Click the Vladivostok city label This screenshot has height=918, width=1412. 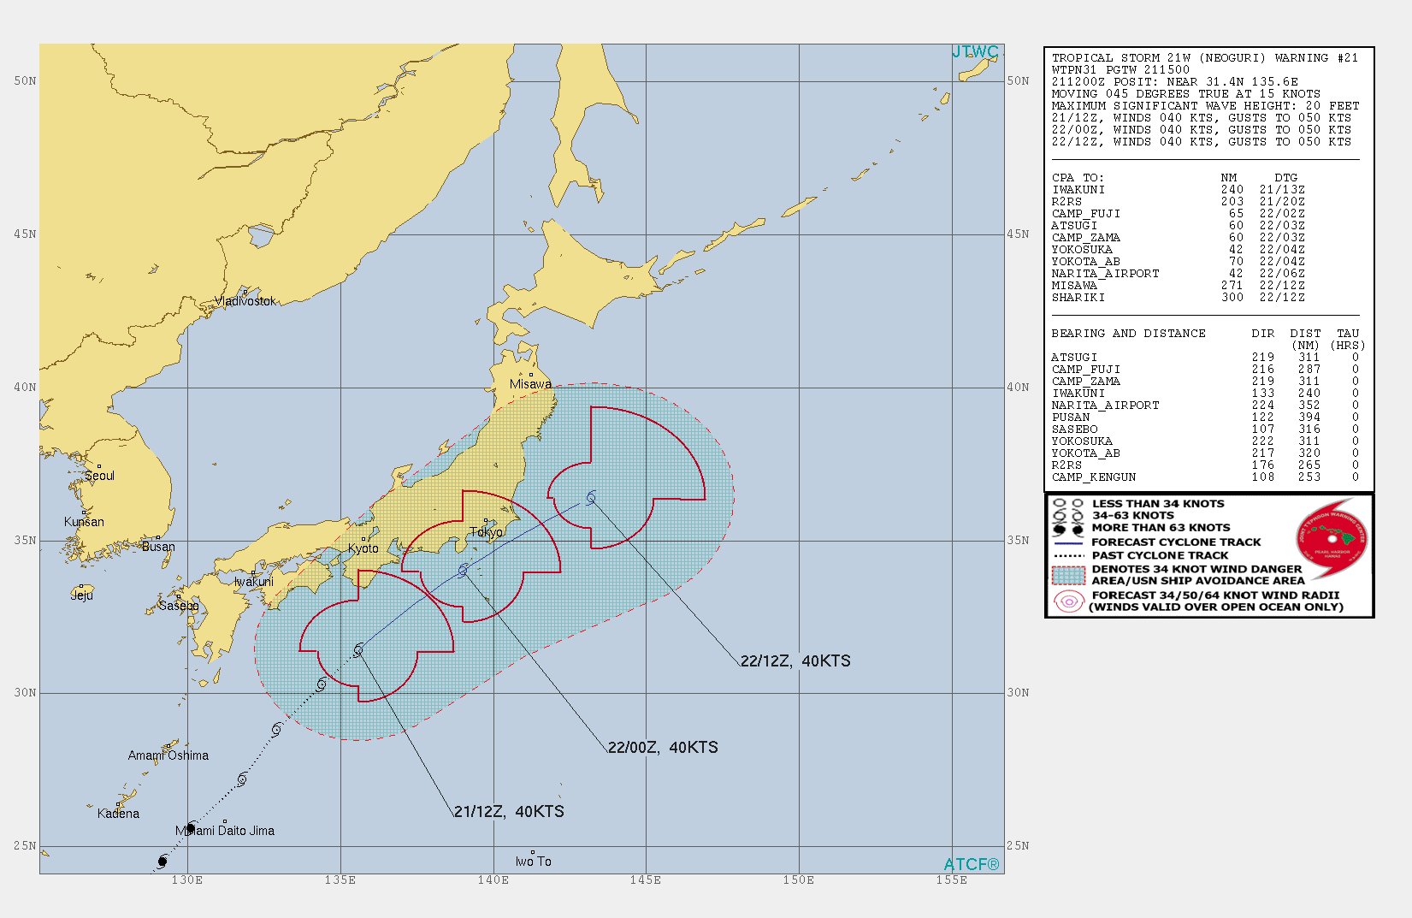[245, 301]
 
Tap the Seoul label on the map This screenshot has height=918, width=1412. [99, 476]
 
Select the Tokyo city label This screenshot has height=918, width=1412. [486, 532]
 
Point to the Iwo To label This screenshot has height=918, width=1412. [533, 862]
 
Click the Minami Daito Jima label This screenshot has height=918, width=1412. [225, 831]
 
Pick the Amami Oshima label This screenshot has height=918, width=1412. [168, 755]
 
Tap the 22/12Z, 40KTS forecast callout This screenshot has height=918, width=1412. [795, 660]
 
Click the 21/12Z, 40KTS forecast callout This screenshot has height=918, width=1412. [509, 811]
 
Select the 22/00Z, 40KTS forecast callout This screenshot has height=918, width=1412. [663, 747]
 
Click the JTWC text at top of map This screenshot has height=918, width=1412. [975, 52]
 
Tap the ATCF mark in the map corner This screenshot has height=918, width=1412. [971, 864]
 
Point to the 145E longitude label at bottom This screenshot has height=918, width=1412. [645, 880]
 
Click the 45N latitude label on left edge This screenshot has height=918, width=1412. [25, 234]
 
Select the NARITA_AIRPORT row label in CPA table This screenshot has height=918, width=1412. [1105, 274]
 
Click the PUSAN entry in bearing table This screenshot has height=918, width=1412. [1071, 418]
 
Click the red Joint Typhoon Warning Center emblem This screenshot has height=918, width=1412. [1332, 538]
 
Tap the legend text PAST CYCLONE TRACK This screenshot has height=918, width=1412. [1159, 555]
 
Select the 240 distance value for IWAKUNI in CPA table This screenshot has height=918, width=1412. [1232, 190]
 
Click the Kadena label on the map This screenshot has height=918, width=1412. [118, 814]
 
